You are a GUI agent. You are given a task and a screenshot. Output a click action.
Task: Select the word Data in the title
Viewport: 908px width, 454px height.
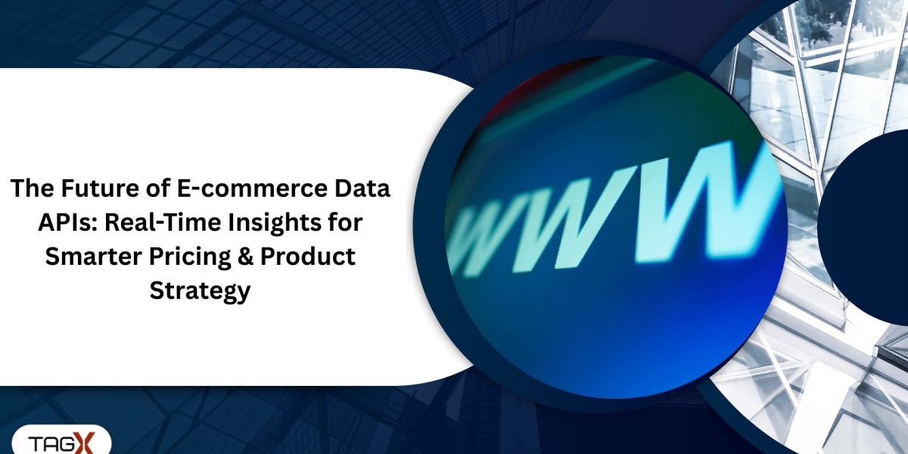[364, 188]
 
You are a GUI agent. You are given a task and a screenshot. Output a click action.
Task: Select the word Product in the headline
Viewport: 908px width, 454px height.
[307, 257]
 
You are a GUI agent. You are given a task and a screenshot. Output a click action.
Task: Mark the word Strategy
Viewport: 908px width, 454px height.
[200, 291]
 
